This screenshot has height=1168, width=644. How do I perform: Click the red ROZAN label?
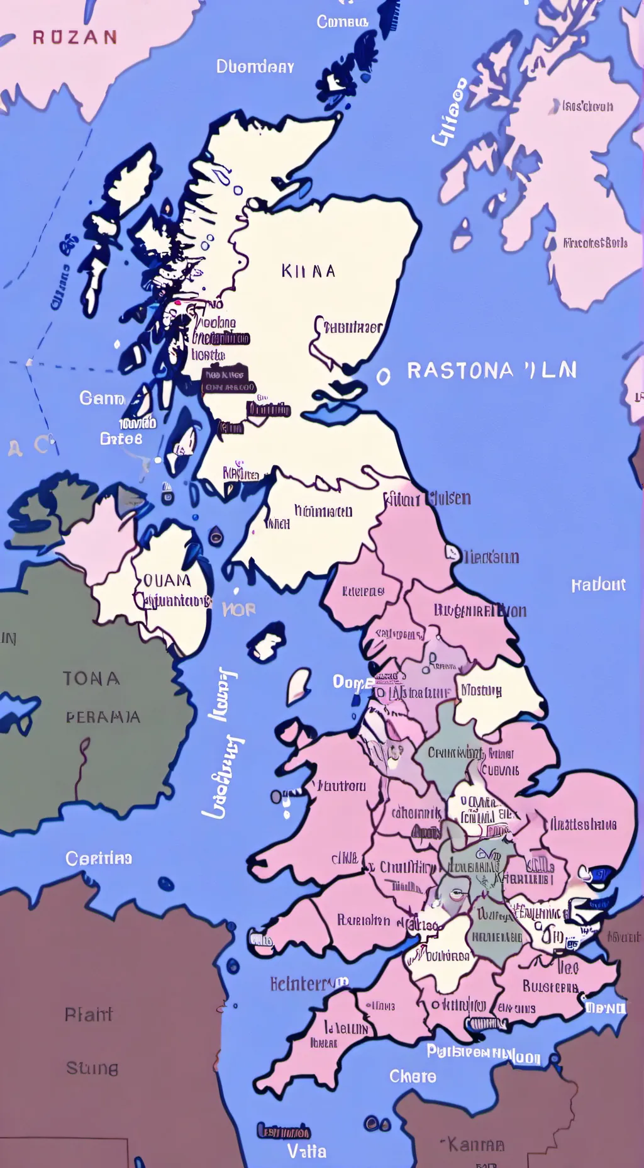[75, 38]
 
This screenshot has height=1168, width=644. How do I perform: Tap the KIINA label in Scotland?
[308, 271]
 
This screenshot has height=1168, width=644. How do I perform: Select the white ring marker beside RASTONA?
[383, 376]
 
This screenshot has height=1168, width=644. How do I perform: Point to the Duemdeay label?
[255, 67]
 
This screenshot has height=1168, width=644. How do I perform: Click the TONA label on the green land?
[91, 678]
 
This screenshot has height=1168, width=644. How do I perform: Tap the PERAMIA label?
[103, 717]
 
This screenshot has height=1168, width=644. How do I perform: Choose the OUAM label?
[167, 580]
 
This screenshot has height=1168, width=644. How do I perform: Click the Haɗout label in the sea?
[598, 585]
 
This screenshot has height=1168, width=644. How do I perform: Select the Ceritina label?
[99, 858]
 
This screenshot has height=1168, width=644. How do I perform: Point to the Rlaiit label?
[89, 1014]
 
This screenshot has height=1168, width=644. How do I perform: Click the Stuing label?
[92, 1068]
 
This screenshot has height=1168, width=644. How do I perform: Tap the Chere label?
[413, 1076]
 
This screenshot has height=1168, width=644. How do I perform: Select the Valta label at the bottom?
[307, 1152]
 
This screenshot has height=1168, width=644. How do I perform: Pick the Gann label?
[102, 398]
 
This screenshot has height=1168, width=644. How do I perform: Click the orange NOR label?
[239, 609]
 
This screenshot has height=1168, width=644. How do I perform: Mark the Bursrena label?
[550, 986]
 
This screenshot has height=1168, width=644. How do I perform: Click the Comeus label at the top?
[342, 22]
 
